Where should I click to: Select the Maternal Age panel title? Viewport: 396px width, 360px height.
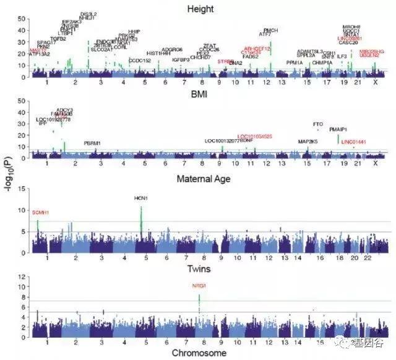click(x=204, y=181)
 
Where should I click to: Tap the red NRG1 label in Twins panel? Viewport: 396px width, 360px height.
click(x=199, y=285)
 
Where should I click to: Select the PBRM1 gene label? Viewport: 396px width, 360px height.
click(x=92, y=143)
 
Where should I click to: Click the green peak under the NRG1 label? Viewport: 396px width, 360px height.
click(x=199, y=301)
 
